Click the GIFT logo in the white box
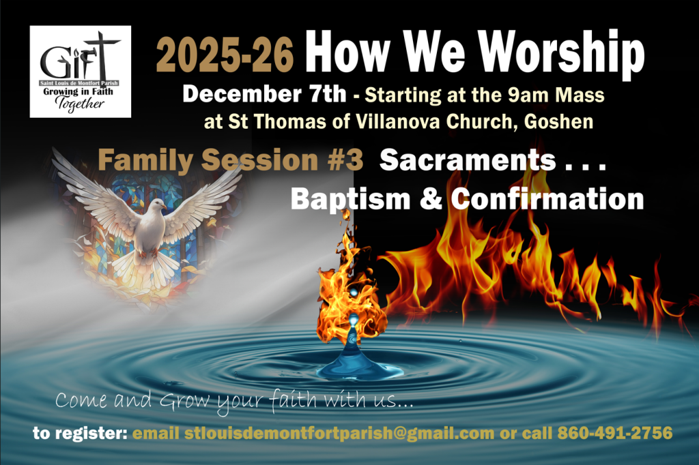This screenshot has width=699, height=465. [81, 72]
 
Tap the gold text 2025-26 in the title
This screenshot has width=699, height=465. [225, 55]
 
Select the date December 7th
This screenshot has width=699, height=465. [264, 94]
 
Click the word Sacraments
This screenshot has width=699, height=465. [468, 160]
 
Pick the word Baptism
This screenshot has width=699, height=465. [350, 199]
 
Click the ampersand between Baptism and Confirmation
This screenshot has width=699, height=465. [430, 199]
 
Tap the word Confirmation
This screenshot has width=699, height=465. [547, 198]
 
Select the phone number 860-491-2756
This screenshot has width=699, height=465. [615, 433]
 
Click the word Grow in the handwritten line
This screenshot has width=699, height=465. [184, 400]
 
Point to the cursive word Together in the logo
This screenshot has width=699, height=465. [80, 105]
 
